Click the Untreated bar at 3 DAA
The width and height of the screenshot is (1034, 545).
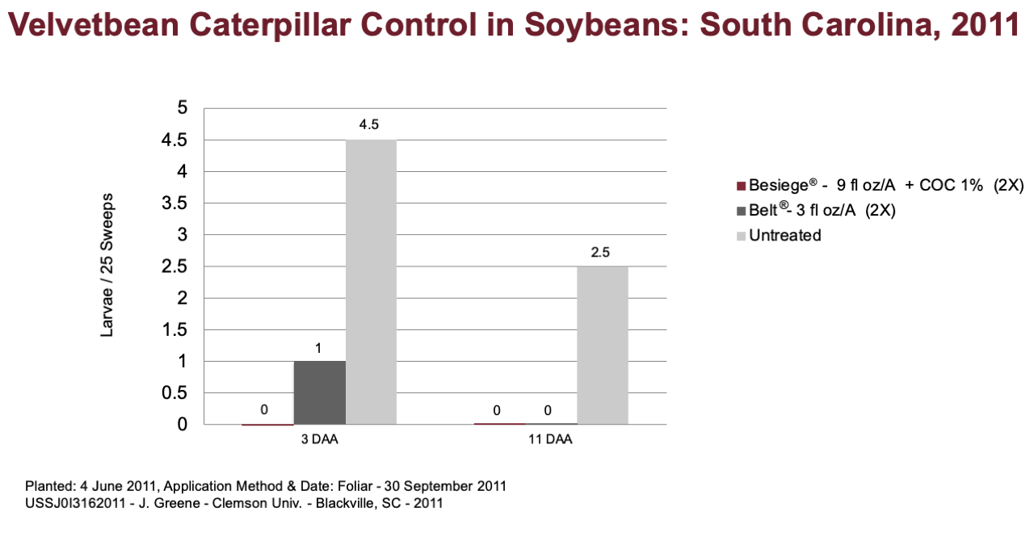[371, 282]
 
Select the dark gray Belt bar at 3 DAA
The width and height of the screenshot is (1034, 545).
[319, 392]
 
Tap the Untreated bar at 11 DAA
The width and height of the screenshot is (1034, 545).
[603, 346]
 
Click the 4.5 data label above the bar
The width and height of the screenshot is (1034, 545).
[369, 124]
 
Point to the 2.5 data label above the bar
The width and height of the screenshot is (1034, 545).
[600, 252]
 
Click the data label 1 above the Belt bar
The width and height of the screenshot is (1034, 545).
[318, 348]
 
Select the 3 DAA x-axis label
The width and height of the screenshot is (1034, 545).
[319, 439]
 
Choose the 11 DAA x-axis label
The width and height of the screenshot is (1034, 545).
[550, 439]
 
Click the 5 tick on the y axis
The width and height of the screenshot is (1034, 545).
[183, 107]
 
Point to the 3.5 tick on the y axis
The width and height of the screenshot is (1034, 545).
[174, 203]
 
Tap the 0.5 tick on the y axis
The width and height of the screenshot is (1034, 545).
[174, 392]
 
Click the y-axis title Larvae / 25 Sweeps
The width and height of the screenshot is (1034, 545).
[107, 266]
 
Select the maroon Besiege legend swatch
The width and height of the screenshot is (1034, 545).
[741, 186]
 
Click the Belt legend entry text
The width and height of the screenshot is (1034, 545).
[822, 210]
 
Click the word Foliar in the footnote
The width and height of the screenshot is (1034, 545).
[355, 486]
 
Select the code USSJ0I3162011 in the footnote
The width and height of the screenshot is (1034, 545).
[75, 503]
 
